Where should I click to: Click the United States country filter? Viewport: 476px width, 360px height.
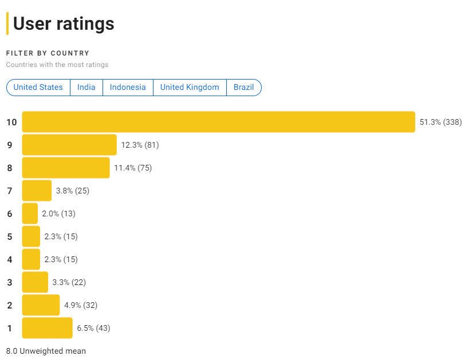coord(38,88)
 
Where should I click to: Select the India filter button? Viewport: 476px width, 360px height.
coord(86,88)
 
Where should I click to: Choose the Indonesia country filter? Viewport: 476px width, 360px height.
coord(128,88)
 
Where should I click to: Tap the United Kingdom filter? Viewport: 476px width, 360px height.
coord(190,88)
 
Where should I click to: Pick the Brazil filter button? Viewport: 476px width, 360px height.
coord(243,88)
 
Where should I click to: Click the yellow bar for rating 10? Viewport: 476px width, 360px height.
coord(218,122)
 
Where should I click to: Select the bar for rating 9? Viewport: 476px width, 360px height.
coord(69,145)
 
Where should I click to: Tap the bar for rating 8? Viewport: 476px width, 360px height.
coord(66,168)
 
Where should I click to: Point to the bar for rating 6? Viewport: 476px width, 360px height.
coord(30,213)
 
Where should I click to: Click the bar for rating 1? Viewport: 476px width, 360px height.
coord(48,328)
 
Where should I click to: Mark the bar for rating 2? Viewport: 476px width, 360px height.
coord(41,305)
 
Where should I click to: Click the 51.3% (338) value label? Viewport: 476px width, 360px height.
coord(440,122)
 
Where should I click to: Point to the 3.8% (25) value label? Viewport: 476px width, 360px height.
coord(72,191)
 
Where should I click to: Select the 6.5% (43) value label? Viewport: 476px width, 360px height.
coord(93,328)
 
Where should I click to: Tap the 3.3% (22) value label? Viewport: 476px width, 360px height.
coord(69,282)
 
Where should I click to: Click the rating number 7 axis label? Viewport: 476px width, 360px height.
coord(10,191)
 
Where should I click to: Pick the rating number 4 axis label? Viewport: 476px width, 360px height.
coord(10,259)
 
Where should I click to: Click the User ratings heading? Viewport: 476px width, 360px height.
coord(64,24)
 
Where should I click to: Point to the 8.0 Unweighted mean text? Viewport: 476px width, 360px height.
coord(46,351)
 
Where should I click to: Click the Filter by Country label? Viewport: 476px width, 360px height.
coord(48,53)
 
